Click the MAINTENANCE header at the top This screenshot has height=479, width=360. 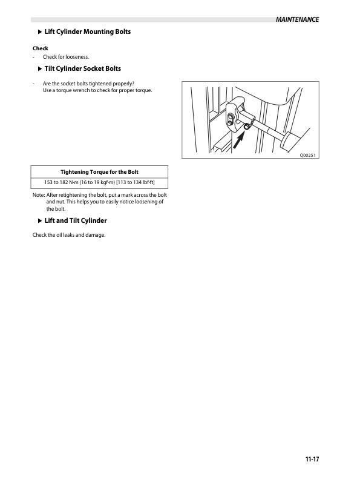[x=296, y=20]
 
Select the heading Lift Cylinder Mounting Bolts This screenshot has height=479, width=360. [x=88, y=31]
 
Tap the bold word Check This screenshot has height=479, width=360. [x=40, y=48]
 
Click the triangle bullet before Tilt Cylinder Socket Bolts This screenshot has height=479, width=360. [x=40, y=69]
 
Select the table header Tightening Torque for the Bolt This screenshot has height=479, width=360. [x=99, y=171]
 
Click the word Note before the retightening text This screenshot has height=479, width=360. [x=38, y=195]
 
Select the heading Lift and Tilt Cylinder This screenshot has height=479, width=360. [x=76, y=221]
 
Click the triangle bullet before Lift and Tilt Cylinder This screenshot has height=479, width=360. [x=40, y=221]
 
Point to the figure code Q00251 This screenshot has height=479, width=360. [x=308, y=156]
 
